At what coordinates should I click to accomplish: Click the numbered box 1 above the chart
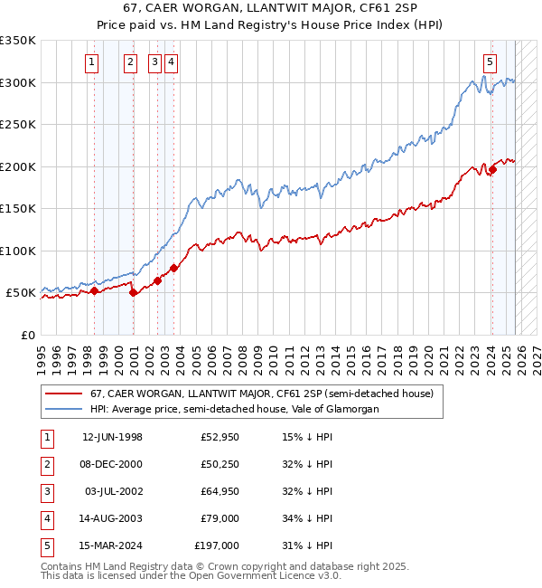[93, 62]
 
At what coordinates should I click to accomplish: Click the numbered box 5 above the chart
[490, 62]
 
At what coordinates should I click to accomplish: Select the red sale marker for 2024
[493, 169]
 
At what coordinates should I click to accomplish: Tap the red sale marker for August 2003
[173, 268]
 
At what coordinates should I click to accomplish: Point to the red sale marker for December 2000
[134, 292]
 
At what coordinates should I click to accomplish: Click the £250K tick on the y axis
[18, 125]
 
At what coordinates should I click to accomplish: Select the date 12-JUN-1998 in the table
[112, 437]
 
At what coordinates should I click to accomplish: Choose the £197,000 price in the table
[217, 545]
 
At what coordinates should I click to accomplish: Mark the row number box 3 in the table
[45, 491]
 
